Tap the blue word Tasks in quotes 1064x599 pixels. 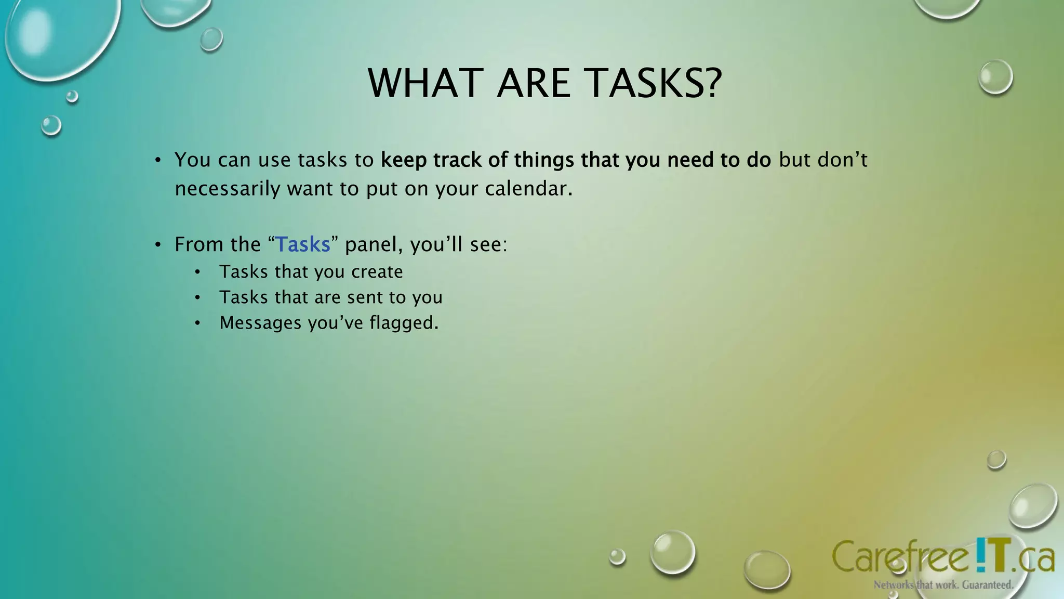click(x=303, y=244)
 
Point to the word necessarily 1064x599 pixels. click(x=228, y=189)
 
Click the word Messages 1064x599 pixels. click(x=260, y=323)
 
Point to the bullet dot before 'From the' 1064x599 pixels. click(x=158, y=245)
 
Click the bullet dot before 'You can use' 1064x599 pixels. click(x=158, y=160)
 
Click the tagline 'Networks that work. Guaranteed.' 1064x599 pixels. click(x=943, y=585)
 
